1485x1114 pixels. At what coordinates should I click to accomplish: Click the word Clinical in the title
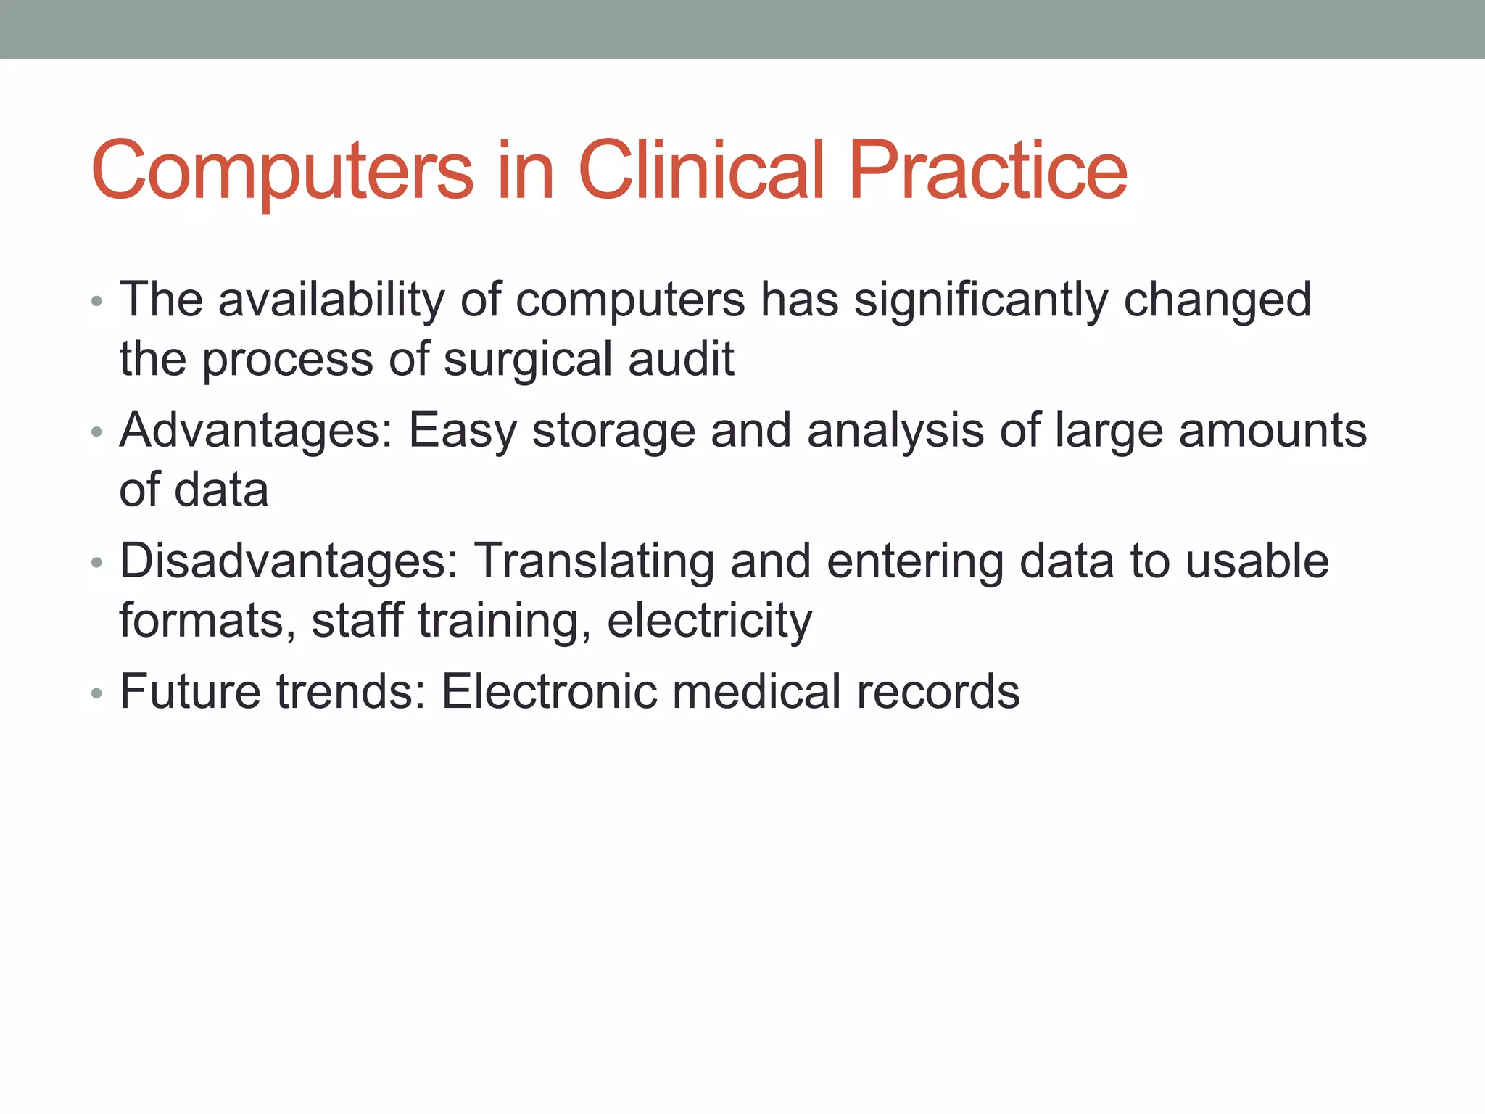tap(701, 170)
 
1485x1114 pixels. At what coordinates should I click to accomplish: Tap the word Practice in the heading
tap(988, 170)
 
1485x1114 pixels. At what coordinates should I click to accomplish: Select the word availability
tap(331, 300)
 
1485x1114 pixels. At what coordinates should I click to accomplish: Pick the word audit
tap(681, 359)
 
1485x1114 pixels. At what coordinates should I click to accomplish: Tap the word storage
tap(613, 432)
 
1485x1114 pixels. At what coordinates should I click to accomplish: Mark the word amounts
tap(1273, 430)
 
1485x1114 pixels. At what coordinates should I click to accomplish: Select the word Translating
tap(594, 562)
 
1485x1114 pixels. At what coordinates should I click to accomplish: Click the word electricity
tap(709, 622)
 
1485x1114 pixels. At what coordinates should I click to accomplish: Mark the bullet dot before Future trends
tap(97, 694)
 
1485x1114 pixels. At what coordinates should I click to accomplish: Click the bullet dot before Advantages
tap(97, 433)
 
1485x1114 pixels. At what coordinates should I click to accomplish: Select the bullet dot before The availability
tap(97, 301)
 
